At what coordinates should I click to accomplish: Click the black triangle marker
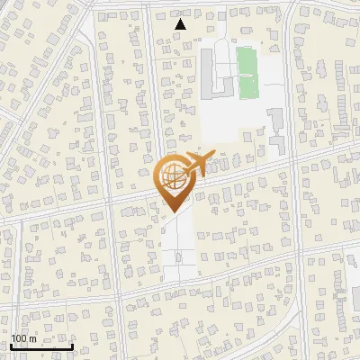coord(181,24)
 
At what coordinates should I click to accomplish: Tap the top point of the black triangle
coord(181,20)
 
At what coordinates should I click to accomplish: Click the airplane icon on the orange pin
coord(198,164)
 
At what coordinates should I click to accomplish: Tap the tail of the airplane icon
coord(185,168)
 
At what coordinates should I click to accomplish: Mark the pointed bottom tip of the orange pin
coord(172,212)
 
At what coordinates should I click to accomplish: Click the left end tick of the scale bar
coord(11,346)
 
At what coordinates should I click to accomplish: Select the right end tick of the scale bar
coord(73,346)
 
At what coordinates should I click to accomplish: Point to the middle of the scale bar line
coord(41,346)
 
